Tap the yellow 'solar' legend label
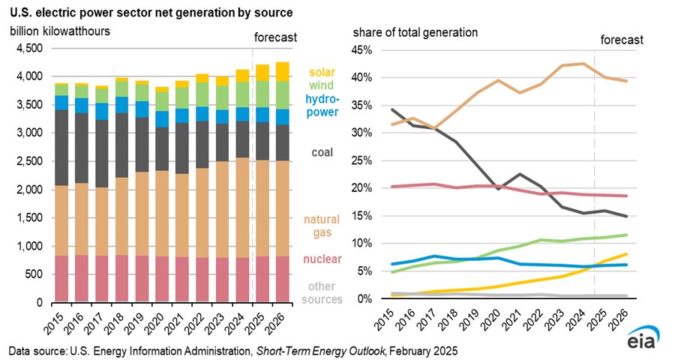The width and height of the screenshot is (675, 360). click(321, 73)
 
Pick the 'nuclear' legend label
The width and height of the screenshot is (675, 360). click(321, 259)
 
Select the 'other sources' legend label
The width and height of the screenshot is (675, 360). click(321, 292)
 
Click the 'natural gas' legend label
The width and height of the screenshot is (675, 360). click(321, 226)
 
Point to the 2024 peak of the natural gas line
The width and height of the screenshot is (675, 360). click(582, 64)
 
